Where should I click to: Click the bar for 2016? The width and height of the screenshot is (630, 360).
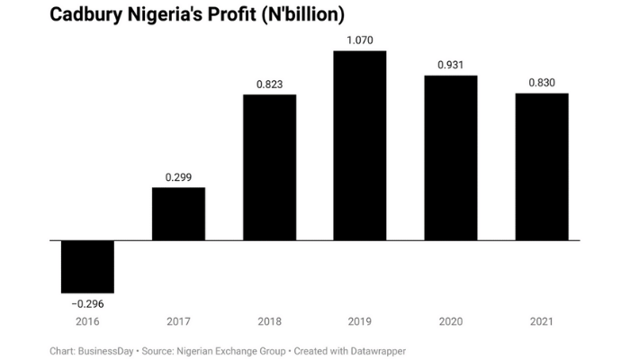87,266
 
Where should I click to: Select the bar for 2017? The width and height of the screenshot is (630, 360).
178,214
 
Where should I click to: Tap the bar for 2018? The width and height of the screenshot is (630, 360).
269,167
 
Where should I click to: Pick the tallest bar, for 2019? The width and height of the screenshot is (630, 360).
360,146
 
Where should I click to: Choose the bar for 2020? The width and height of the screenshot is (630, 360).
451,157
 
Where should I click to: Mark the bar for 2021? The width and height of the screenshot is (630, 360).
542,166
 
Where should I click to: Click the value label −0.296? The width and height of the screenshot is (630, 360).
87,303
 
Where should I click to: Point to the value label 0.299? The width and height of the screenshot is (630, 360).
178,177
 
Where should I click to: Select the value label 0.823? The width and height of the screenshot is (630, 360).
269,84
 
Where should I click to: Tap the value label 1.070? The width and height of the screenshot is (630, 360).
360,40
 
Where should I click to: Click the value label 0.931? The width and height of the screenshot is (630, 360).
451,65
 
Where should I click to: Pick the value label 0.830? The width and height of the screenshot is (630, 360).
542,83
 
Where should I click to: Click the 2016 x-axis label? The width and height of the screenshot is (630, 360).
87,321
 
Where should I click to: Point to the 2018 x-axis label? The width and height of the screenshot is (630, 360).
269,321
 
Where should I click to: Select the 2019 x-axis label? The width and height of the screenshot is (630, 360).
360,321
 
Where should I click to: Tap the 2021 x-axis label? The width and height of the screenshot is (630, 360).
542,321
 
